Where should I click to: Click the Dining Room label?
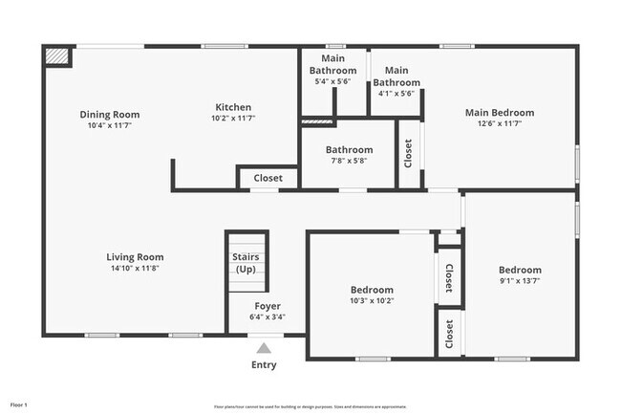coord(108,115)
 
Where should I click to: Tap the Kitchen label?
coord(233,107)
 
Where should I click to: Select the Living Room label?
coord(135,256)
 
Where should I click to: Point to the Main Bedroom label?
coord(499,113)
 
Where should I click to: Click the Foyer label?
coord(268,306)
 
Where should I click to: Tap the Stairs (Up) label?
coord(246,263)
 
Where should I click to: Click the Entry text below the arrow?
coord(264,364)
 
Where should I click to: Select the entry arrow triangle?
coord(264,346)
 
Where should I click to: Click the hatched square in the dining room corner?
coord(57,56)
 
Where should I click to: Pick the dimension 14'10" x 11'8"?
coord(135,268)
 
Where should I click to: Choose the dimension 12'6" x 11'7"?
coord(499,124)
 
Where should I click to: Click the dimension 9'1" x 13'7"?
coord(521,281)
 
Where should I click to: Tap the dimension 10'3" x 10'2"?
coord(372,301)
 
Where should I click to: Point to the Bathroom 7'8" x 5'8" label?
coord(349,150)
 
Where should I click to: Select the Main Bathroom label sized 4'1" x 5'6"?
coord(396,76)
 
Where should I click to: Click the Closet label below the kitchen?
coord(268,178)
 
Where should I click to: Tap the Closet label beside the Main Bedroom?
coord(409,153)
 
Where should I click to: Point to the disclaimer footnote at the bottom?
coord(310,405)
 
